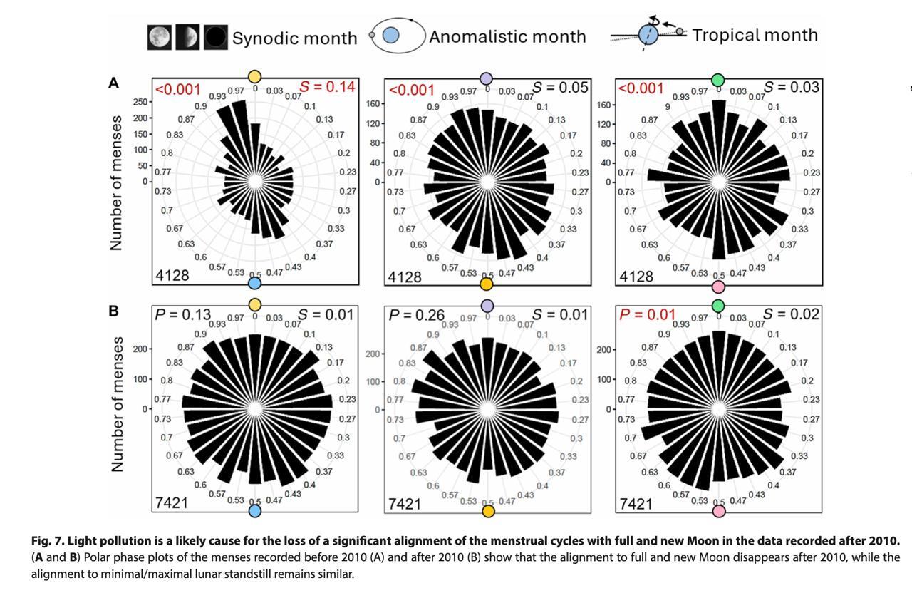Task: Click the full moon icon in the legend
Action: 160,37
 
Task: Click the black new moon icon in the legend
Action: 215,37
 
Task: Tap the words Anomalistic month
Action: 507,36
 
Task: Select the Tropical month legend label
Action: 755,35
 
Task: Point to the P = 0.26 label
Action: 416,314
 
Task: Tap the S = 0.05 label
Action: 560,88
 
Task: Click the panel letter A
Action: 113,83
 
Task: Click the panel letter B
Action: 113,311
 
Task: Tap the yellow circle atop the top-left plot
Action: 254,77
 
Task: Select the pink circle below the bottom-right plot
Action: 719,510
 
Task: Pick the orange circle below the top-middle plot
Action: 487,284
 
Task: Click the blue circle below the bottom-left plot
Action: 254,510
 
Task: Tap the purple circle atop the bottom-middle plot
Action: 487,306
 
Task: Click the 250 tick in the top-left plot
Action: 140,103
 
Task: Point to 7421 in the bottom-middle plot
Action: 404,504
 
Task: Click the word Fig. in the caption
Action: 43,542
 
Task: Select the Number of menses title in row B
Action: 118,403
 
